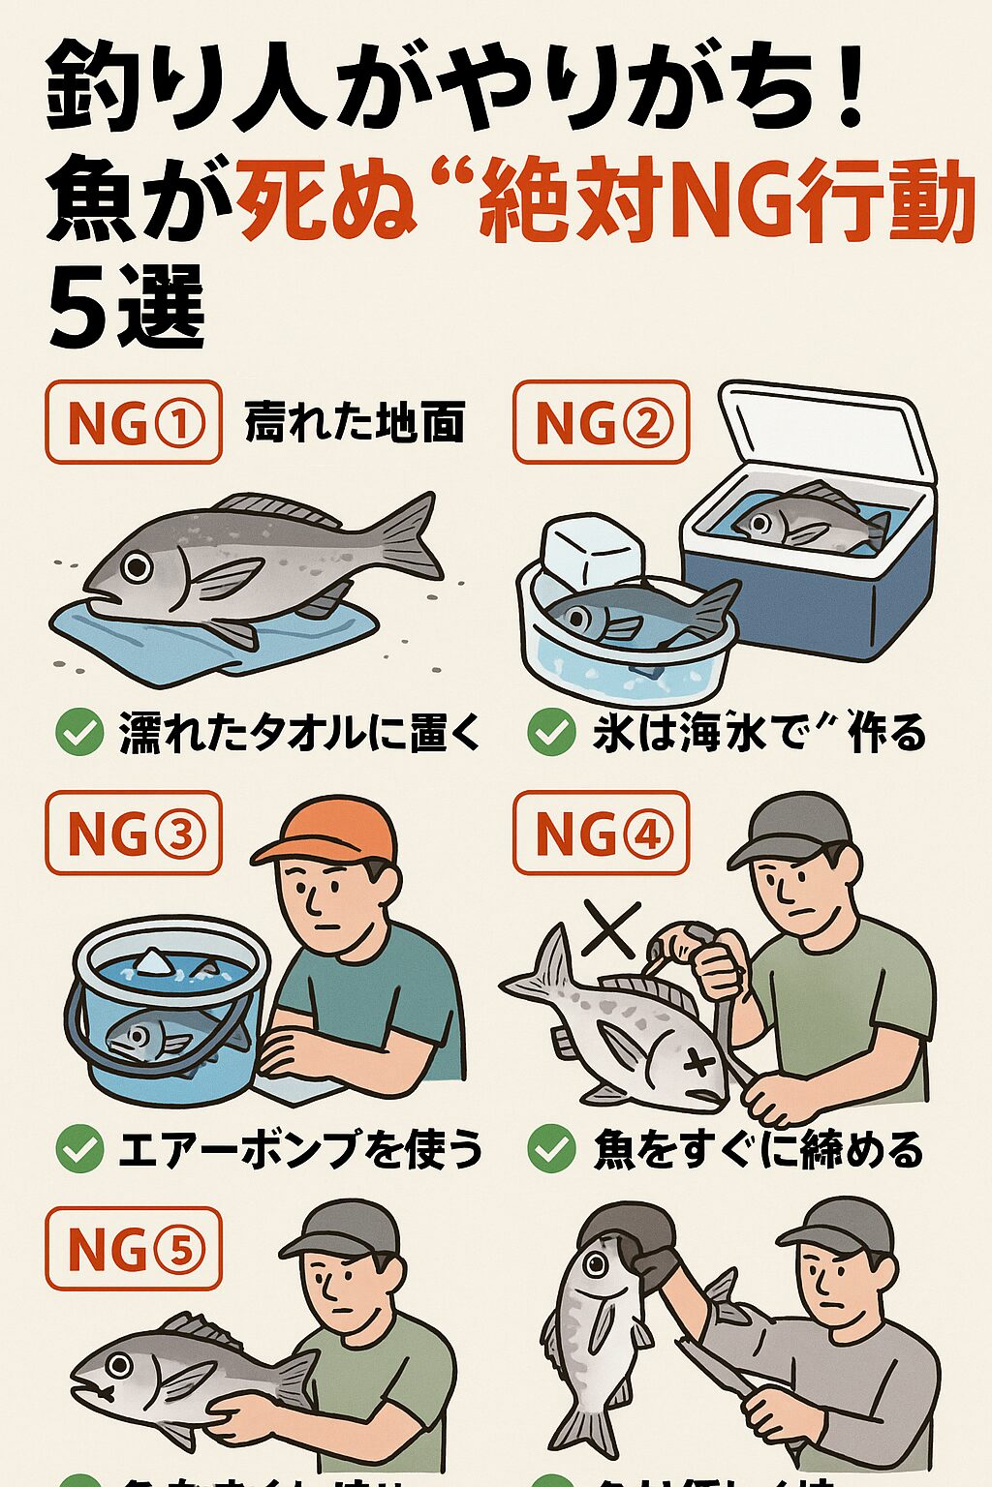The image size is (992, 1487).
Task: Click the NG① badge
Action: pyautogui.click(x=134, y=423)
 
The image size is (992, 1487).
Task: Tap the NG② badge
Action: pyautogui.click(x=601, y=423)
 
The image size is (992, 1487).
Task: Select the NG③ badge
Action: pyautogui.click(x=134, y=834)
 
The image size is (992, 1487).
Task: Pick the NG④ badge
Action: pyautogui.click(x=601, y=834)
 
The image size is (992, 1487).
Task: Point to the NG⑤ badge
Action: pyautogui.click(x=134, y=1249)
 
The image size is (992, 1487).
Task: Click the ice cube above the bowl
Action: pyautogui.click(x=592, y=553)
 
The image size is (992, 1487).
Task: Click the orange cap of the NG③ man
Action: pyautogui.click(x=329, y=832)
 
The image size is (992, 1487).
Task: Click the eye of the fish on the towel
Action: pyautogui.click(x=137, y=566)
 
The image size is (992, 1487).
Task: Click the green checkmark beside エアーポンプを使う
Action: pyautogui.click(x=79, y=1149)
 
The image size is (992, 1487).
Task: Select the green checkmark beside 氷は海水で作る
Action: pyautogui.click(x=550, y=732)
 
